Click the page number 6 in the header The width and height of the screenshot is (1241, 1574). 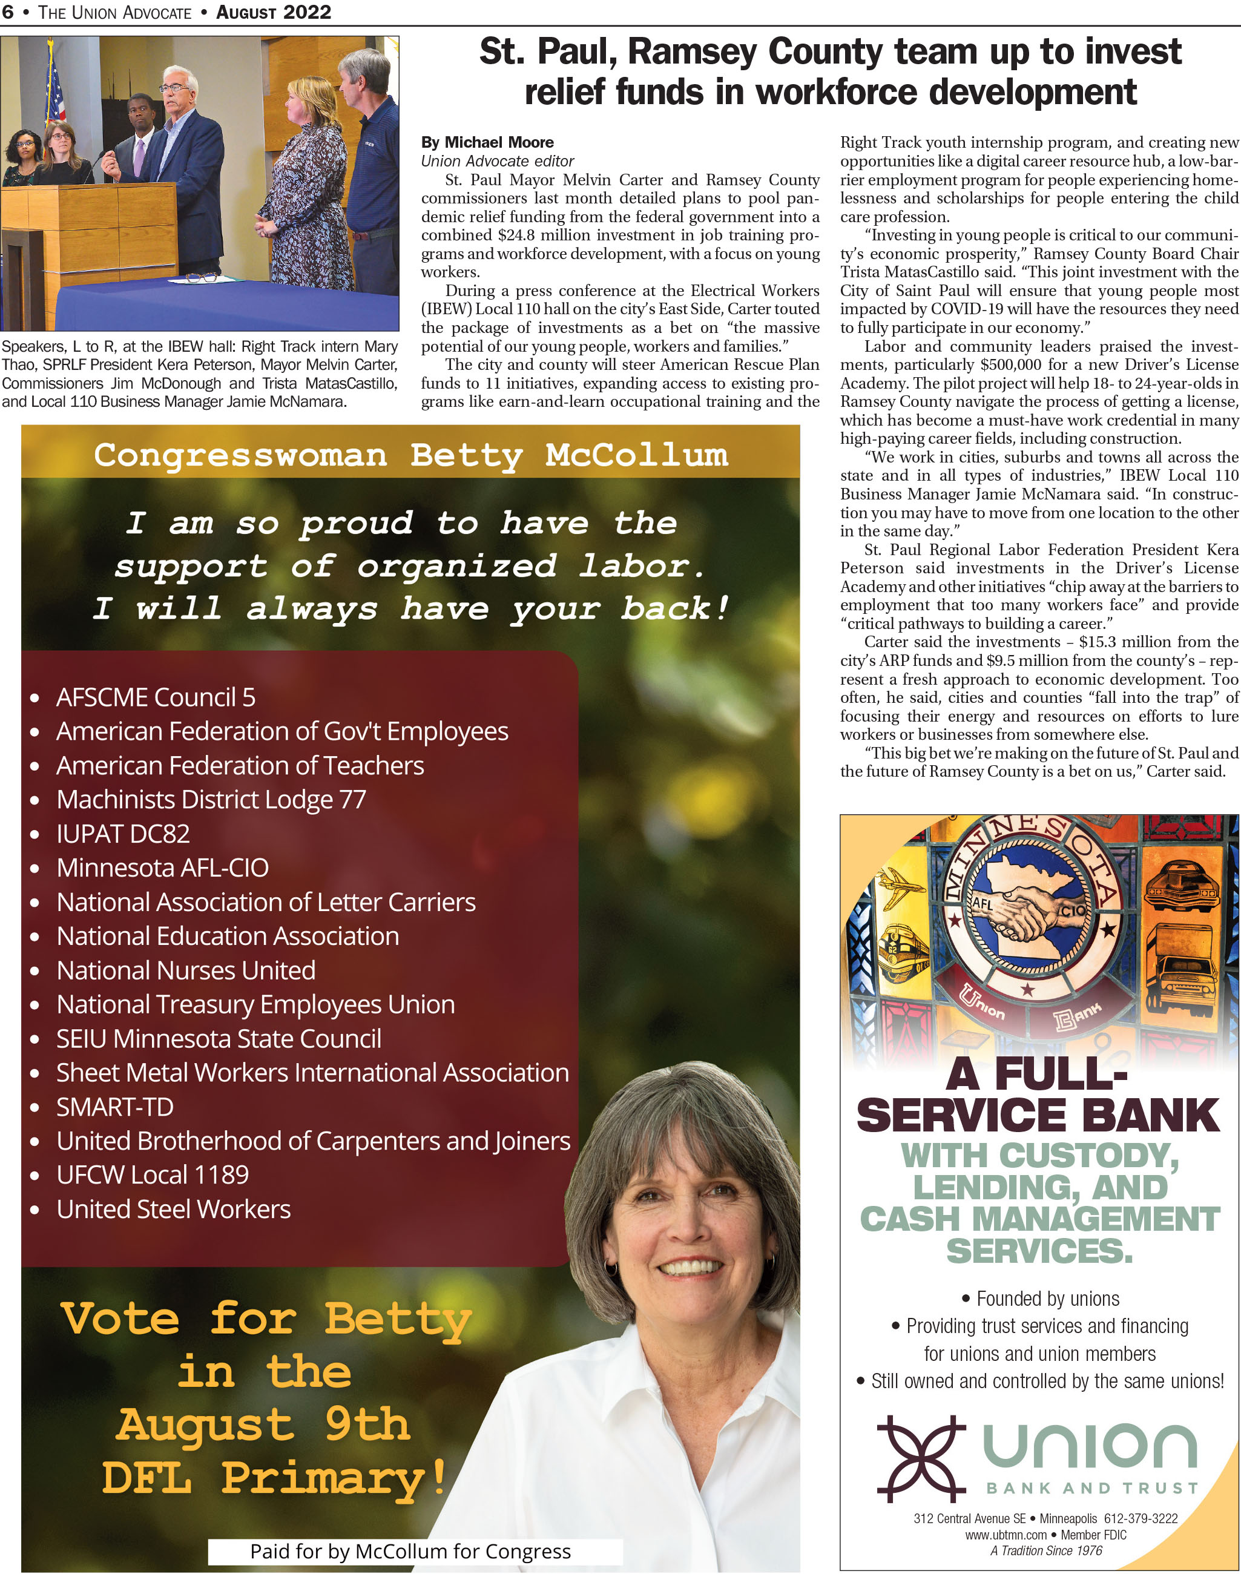8,12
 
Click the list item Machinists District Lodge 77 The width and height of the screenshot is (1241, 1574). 211,799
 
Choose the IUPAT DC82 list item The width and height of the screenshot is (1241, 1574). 123,834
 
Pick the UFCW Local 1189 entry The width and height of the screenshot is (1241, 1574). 152,1174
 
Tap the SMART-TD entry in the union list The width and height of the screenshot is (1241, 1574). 115,1107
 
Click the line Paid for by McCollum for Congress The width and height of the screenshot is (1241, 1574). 410,1551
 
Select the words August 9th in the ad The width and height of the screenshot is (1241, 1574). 263,1425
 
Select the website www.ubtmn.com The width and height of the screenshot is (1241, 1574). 1006,1535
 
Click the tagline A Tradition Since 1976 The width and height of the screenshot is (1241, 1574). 1045,1551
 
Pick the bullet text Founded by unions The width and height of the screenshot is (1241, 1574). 1047,1299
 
